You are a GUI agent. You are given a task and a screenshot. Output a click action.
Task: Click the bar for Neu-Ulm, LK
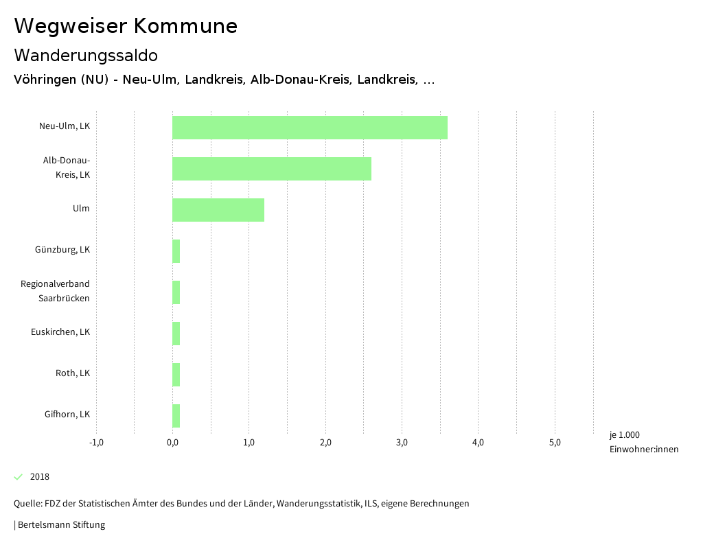tap(310, 128)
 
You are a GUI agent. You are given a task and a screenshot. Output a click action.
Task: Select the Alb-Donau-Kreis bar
tap(272, 169)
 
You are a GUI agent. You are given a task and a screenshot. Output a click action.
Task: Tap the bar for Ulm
tap(218, 210)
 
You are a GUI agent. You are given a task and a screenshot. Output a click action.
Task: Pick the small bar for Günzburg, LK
tap(176, 251)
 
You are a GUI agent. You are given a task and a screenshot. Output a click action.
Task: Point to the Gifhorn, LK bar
tap(176, 416)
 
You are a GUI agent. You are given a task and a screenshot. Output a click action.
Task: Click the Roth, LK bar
tap(176, 375)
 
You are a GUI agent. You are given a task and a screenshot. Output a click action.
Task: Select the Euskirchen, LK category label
tap(60, 332)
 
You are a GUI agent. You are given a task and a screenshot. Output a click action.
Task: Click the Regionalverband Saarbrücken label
tap(55, 291)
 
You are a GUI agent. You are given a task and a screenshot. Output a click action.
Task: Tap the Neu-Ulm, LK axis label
tap(65, 126)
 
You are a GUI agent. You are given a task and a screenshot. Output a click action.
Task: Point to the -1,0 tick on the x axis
tap(96, 443)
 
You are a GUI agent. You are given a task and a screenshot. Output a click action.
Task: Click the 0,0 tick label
tap(173, 443)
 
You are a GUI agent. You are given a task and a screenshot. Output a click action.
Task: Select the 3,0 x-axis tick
tap(402, 443)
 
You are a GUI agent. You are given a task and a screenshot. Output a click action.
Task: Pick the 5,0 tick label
tap(555, 443)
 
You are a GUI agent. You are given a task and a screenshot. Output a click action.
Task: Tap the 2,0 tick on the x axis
tap(325, 443)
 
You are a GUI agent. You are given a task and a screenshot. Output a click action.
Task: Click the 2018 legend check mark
tap(19, 477)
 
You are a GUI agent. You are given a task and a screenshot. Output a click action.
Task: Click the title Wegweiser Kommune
tap(126, 26)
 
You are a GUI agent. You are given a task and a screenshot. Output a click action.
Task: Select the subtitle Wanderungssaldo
tap(86, 55)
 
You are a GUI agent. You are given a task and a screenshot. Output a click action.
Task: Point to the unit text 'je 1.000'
tap(624, 435)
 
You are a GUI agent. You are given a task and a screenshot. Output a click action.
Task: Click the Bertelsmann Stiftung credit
tap(60, 525)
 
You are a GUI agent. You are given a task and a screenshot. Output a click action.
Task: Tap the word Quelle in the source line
tap(27, 504)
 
